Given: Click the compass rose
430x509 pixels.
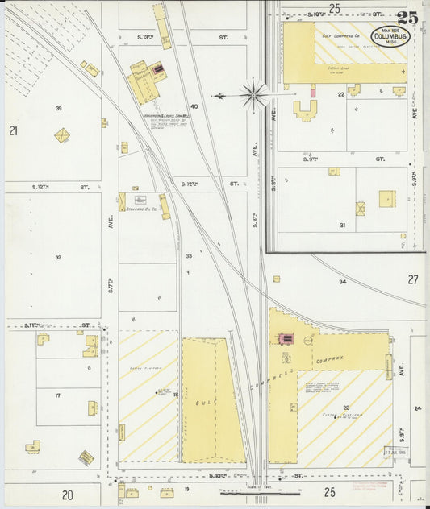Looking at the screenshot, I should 253,95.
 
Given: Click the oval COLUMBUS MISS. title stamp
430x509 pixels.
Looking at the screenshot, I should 390,36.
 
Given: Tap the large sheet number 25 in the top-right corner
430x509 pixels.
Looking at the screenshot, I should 407,18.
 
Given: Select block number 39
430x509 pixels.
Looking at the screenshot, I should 58,108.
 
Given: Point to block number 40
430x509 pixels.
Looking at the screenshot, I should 194,106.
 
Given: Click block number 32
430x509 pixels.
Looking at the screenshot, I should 58,258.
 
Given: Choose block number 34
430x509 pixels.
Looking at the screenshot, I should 342,282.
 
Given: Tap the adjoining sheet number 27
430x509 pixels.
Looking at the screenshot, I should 413,279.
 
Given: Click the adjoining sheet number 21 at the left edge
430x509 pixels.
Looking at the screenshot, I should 13,130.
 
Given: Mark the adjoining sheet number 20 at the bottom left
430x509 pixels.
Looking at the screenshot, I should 68,494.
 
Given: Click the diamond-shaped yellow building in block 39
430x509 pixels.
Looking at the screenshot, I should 62,135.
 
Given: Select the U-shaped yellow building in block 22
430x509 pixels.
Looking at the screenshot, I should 305,110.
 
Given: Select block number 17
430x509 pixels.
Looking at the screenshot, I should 58,395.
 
